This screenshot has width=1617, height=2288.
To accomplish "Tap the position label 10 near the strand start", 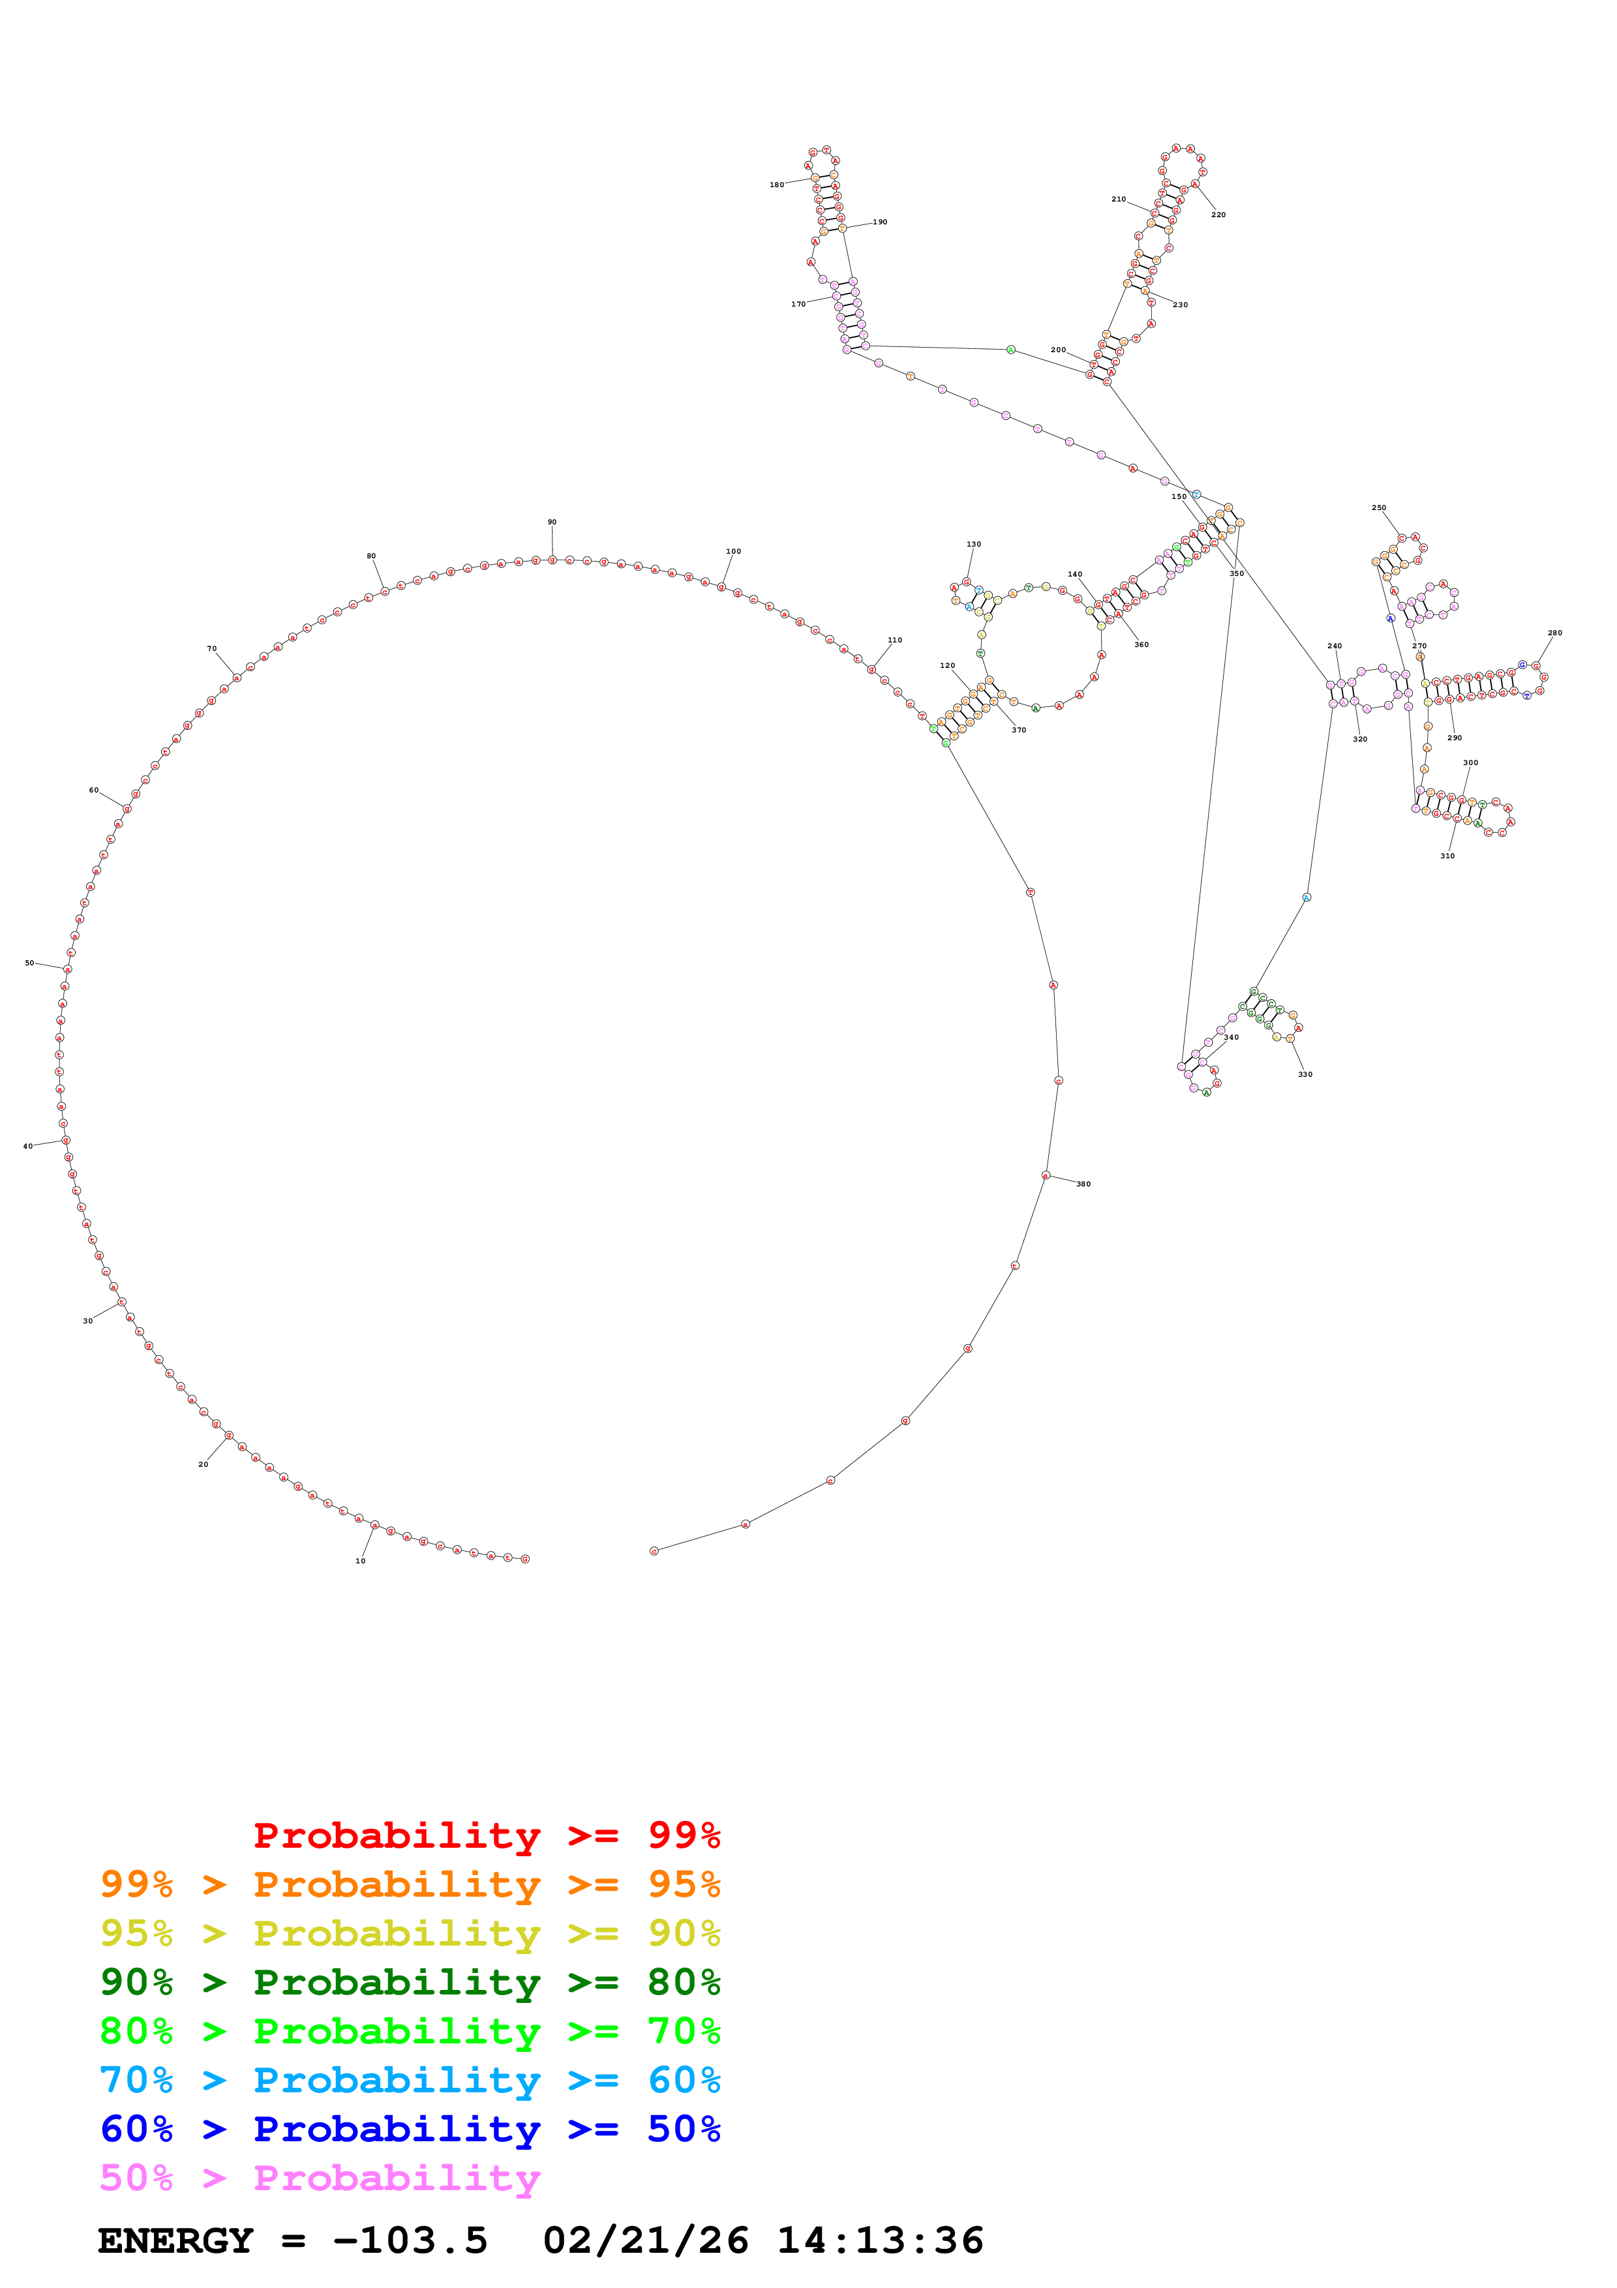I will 361,1561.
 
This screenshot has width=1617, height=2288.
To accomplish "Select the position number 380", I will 1083,1184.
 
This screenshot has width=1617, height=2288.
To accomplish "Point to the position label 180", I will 776,185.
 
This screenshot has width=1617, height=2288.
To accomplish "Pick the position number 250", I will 1379,508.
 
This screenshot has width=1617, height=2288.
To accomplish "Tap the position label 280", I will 1555,633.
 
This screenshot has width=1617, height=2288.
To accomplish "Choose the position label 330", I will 1305,1074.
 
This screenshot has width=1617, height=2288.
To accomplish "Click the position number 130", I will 973,544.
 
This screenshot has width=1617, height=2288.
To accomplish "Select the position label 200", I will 1058,350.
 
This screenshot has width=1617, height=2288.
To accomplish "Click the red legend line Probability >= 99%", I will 486,1835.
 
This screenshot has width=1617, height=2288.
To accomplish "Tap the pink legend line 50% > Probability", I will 319,2177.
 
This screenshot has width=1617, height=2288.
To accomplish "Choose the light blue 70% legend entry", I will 410,2080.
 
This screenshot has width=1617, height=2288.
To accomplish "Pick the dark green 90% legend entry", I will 410,1982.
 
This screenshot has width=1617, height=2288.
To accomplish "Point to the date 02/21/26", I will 646,2241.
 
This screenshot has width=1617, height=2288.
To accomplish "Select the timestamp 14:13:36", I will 880,2241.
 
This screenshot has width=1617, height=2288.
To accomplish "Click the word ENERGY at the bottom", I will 175,2241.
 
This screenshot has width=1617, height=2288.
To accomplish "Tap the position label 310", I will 1447,856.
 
